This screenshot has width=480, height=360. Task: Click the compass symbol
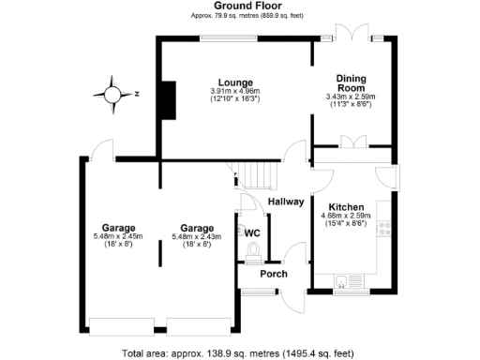tap(114, 93)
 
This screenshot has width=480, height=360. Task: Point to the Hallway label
tap(286, 201)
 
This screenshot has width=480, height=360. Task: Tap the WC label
tap(252, 232)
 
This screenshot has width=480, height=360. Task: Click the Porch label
tap(274, 274)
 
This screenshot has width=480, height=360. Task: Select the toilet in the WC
tap(252, 251)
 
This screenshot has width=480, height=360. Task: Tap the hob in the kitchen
tap(384, 227)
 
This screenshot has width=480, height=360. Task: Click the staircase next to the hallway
tap(258, 173)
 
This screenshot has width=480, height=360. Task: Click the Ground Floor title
tap(239, 7)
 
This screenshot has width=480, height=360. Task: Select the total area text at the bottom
tap(239, 352)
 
